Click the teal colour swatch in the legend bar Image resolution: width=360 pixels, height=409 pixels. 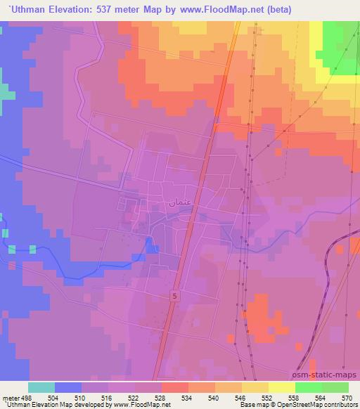(41, 387)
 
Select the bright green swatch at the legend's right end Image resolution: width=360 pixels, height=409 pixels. (335, 387)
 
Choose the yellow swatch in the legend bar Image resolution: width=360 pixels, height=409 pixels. (281, 387)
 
